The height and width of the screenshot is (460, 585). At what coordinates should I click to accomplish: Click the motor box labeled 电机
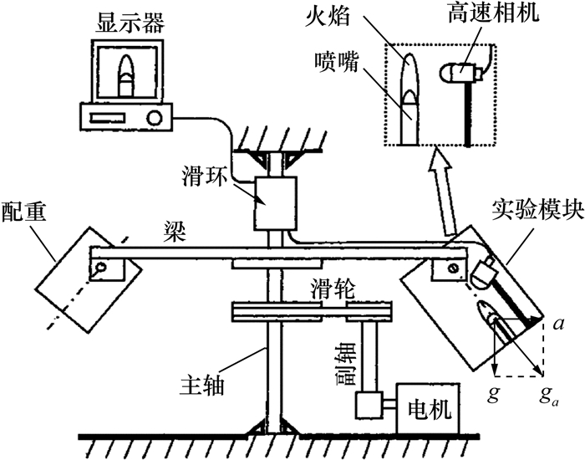[428, 410]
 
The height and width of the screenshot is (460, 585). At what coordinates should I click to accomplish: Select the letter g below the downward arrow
[493, 391]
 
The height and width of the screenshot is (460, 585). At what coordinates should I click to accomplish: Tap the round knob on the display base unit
[154, 119]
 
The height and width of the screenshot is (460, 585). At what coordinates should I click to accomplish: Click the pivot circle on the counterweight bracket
[101, 269]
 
